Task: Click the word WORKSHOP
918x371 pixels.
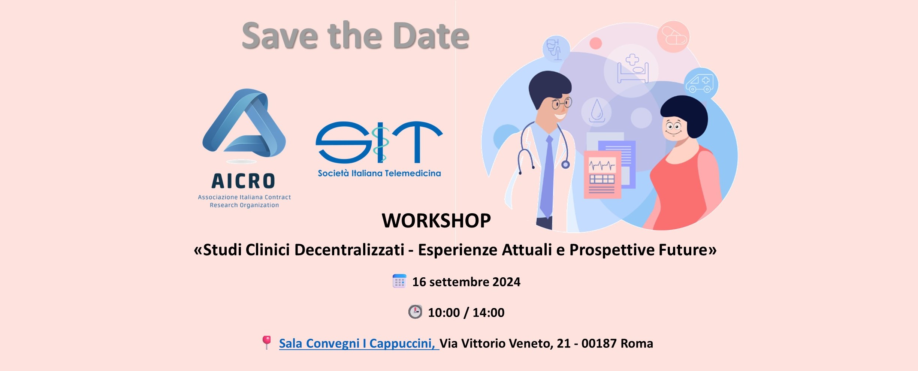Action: click(x=436, y=220)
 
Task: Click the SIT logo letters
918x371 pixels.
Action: click(x=379, y=142)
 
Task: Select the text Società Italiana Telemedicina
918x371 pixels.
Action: click(x=379, y=173)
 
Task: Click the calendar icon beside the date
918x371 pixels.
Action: click(x=399, y=281)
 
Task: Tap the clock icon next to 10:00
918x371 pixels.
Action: click(x=415, y=312)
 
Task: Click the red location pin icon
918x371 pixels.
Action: click(x=266, y=342)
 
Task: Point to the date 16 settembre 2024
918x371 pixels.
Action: click(x=466, y=282)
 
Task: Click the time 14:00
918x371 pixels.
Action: click(x=488, y=313)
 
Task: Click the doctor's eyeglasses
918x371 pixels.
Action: click(x=561, y=103)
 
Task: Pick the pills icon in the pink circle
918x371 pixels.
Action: click(x=674, y=36)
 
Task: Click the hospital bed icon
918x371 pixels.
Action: click(x=633, y=68)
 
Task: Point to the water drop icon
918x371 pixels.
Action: click(x=597, y=111)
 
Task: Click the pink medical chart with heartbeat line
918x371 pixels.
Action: click(x=602, y=175)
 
